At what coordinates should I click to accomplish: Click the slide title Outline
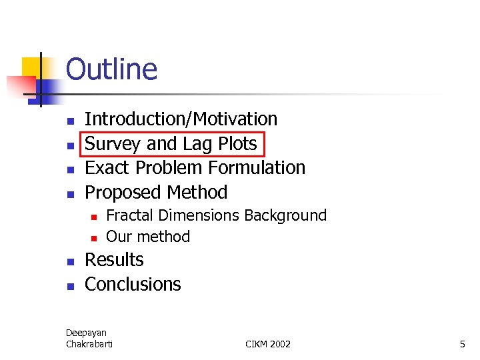[x=111, y=69]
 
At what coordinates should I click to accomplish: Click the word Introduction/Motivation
[x=181, y=119]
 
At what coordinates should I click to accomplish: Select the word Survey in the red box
[x=113, y=144]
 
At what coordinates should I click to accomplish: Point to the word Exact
[x=109, y=168]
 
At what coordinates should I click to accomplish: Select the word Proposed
[x=125, y=193]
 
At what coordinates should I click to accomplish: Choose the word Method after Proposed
[x=198, y=193]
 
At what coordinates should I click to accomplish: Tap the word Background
[x=285, y=215]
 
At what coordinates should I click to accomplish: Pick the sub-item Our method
[x=148, y=237]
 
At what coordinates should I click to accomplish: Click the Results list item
[x=114, y=260]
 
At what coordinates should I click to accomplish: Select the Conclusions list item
[x=133, y=285]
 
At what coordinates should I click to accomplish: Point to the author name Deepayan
[x=86, y=333]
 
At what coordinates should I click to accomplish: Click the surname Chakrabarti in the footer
[x=89, y=344]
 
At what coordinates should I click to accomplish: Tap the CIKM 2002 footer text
[x=268, y=344]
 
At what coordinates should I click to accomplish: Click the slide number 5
[x=462, y=344]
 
